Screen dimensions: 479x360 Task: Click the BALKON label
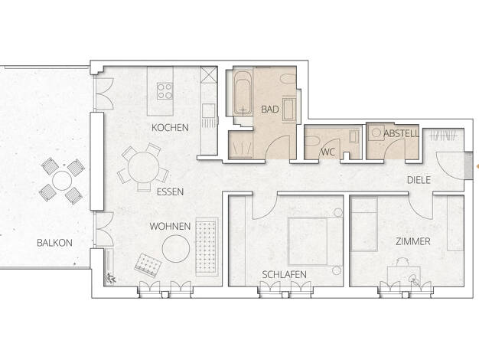tap(54, 243)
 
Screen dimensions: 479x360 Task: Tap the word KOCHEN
tap(170, 128)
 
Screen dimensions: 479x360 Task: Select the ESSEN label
tap(170, 192)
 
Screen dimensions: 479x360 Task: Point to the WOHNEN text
tap(170, 227)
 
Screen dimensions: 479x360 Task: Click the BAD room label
tap(270, 110)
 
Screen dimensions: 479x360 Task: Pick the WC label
tap(328, 152)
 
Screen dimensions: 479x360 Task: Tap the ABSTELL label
tap(401, 133)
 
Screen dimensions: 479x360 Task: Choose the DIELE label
tap(419, 180)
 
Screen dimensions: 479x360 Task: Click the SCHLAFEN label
tap(285, 275)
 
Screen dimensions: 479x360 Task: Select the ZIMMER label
tap(413, 241)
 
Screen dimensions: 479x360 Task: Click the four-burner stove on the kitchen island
tap(165, 91)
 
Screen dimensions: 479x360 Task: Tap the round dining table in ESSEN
tap(143, 168)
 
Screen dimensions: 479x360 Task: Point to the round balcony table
tap(62, 181)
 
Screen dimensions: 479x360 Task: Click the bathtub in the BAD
tap(243, 93)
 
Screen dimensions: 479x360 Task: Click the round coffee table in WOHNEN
tap(176, 249)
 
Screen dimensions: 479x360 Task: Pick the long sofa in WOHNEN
tap(207, 247)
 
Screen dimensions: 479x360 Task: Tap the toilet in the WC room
tap(312, 142)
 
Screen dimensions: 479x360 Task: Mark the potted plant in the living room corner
tap(111, 278)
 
